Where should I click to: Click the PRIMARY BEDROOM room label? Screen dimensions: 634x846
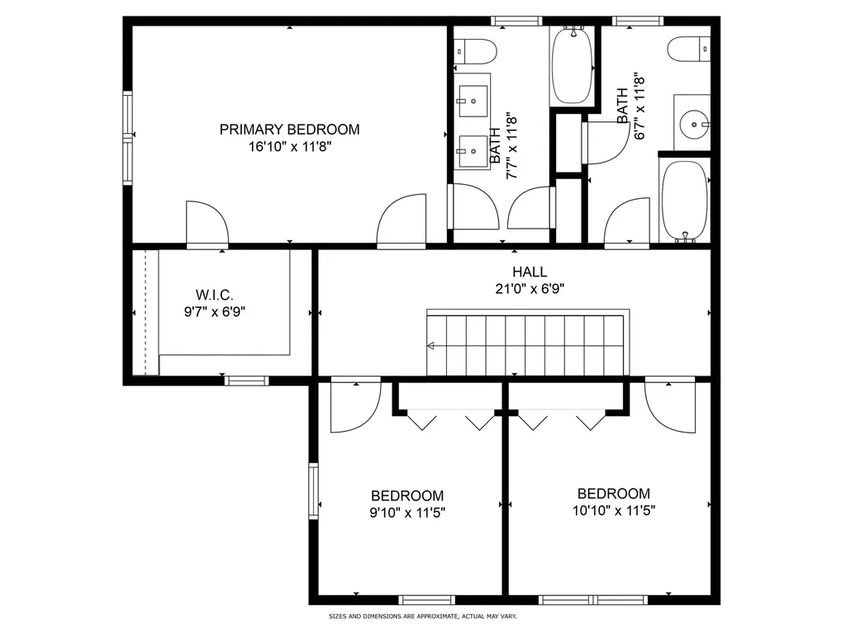[x=289, y=130]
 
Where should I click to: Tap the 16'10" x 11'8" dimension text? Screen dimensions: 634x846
[x=289, y=147]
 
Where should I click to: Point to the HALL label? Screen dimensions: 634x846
[x=529, y=272]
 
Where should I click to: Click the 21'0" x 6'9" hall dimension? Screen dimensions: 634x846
[x=529, y=289]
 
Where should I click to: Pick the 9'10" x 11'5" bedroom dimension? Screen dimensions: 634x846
[x=407, y=512]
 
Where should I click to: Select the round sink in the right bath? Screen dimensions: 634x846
[x=692, y=125]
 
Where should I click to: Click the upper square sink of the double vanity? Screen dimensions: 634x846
[x=473, y=102]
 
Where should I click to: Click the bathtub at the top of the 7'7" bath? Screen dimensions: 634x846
[x=572, y=64]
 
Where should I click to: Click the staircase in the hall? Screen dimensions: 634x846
[x=527, y=343]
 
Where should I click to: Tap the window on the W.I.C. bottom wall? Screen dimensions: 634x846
[x=247, y=381]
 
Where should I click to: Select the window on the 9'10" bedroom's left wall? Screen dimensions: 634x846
[x=314, y=490]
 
